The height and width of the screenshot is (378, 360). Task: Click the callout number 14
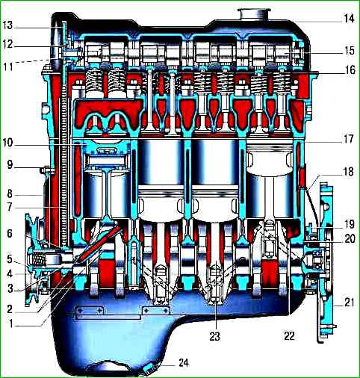349,19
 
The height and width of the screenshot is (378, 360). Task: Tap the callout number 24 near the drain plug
184,363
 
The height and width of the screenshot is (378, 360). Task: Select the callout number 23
214,336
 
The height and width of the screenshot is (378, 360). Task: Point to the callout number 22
289,336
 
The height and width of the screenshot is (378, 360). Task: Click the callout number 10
8,143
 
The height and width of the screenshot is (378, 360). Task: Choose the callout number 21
349,303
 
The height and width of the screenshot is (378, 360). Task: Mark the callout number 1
10,324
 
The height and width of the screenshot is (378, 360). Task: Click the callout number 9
10,165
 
